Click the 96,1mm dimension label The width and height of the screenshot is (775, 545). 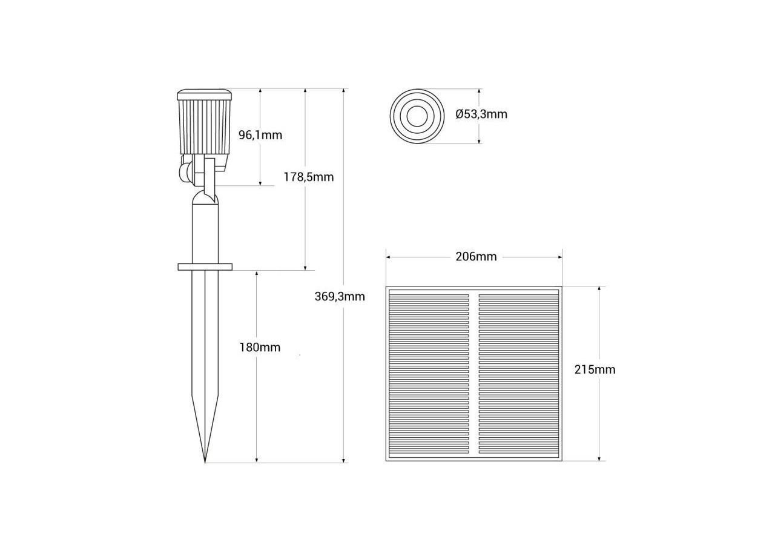coord(260,135)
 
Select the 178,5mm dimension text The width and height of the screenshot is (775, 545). coord(309,177)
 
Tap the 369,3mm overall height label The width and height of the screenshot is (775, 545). coord(340,297)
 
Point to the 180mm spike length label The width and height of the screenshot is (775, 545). coord(260,348)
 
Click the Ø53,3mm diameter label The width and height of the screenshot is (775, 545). coord(481,114)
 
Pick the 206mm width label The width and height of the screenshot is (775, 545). coord(476,257)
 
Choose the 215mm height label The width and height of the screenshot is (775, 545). coord(595,369)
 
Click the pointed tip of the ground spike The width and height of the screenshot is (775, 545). coord(205,461)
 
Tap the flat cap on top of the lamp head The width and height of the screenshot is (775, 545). coord(205,95)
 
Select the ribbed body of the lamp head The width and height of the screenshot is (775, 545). coord(205,127)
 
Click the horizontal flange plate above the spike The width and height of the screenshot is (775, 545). coord(205,266)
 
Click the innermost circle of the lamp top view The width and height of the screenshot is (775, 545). coord(417,116)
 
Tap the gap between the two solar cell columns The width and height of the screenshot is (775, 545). coord(474,372)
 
